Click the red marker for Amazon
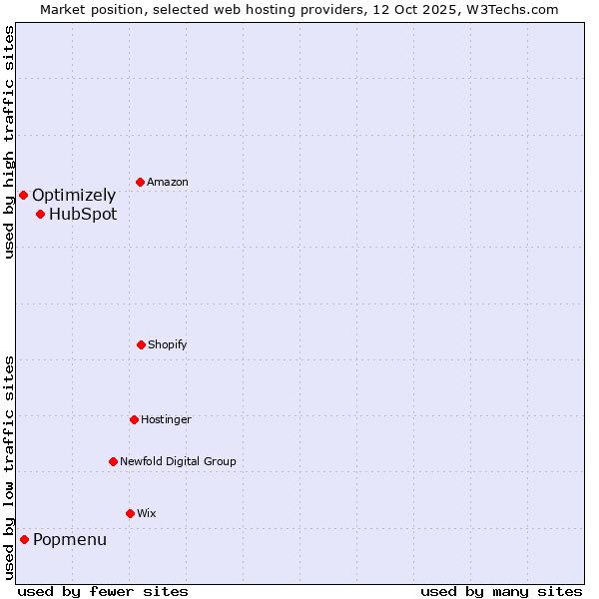[x=140, y=182]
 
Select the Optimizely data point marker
[x=23, y=195]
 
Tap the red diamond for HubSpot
[x=40, y=214]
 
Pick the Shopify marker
[x=141, y=344]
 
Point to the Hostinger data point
[x=134, y=419]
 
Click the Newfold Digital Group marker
[x=113, y=461]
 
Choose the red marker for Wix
[x=130, y=513]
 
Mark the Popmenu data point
[x=24, y=539]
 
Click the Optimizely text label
[x=74, y=196]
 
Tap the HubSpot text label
[x=83, y=214]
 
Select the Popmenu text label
[x=70, y=540]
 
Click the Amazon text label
[x=168, y=182]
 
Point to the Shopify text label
[x=168, y=344]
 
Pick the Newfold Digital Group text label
[x=178, y=461]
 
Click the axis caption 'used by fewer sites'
[x=103, y=591]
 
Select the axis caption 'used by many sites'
[x=501, y=591]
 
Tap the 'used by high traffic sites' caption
[x=9, y=142]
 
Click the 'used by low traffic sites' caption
[x=9, y=467]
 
